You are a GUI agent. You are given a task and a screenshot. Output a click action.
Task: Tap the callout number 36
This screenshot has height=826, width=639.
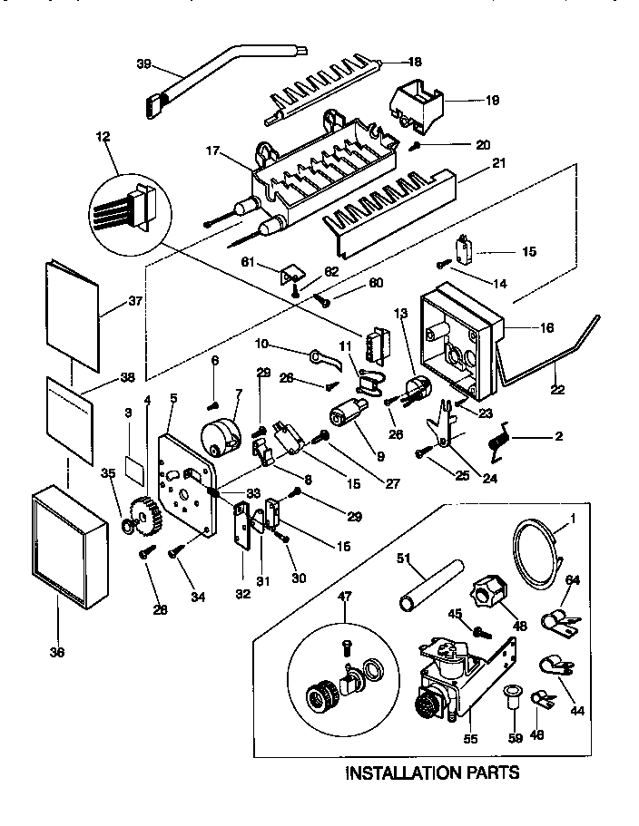click(56, 651)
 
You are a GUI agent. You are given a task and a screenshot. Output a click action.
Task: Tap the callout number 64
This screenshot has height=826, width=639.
click(573, 579)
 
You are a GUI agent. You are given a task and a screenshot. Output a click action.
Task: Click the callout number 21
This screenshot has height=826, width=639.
click(472, 163)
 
